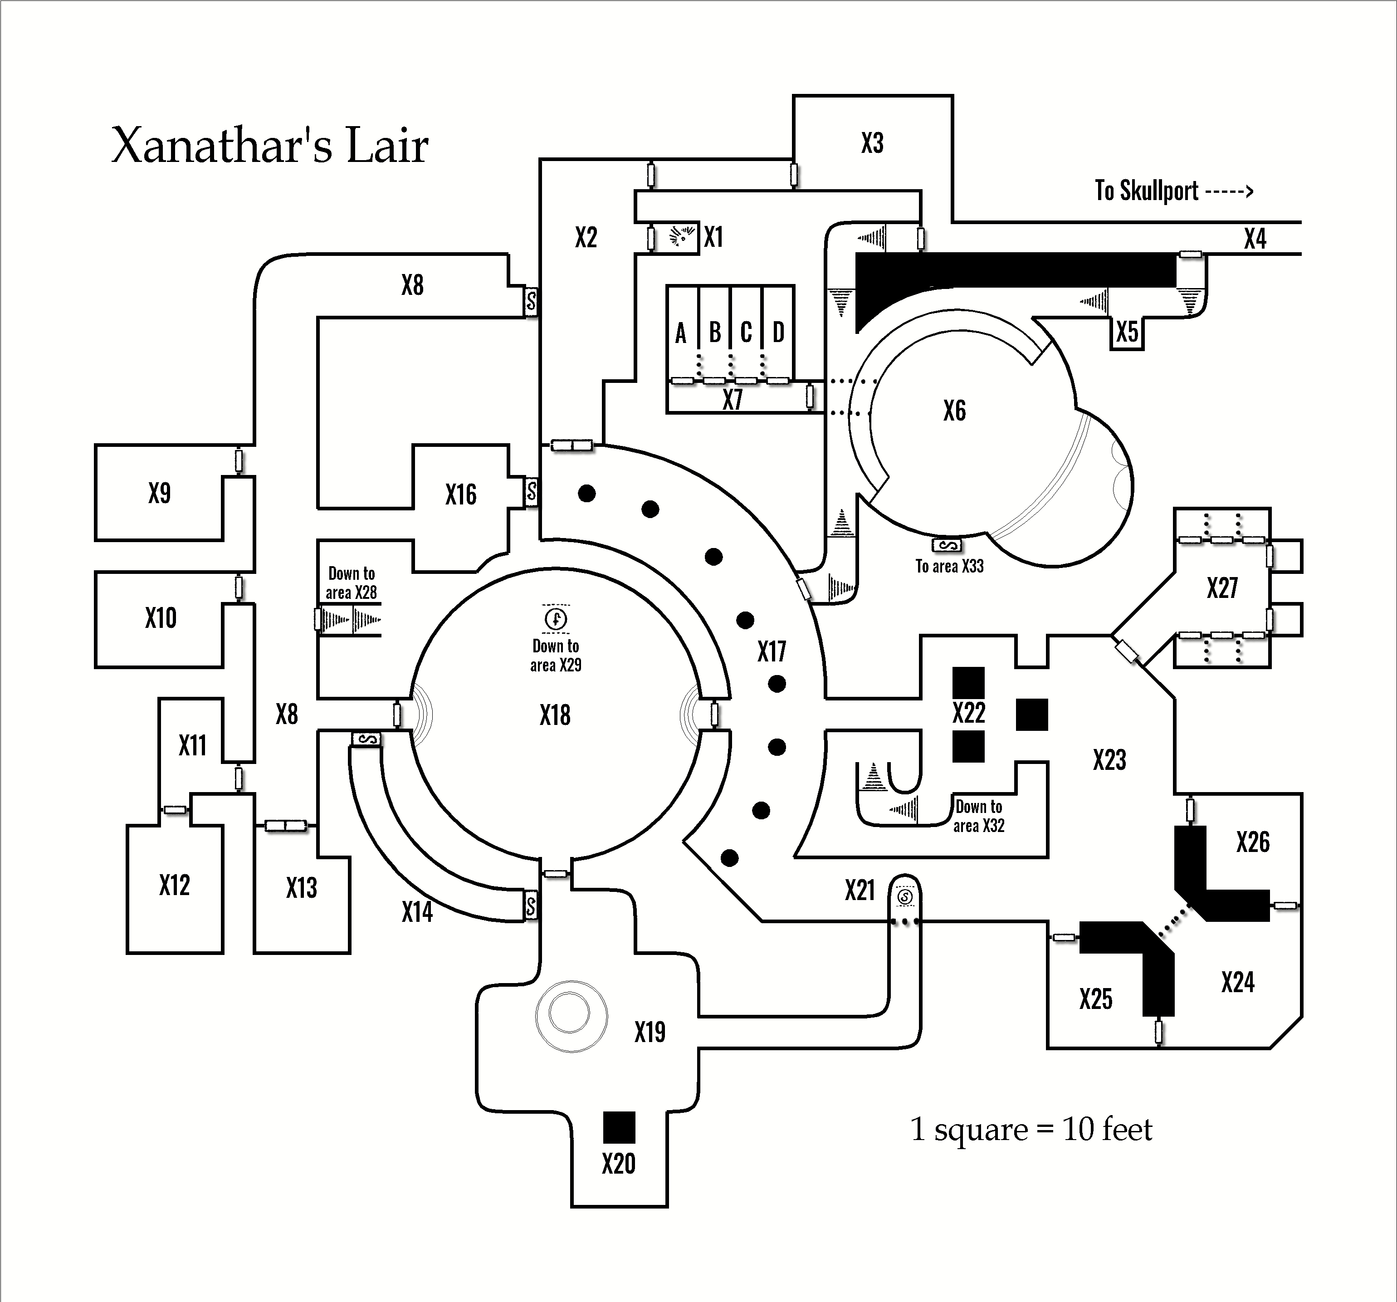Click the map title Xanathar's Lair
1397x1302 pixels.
270,146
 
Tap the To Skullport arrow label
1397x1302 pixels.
1173,191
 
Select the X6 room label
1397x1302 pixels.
954,411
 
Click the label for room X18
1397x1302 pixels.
555,716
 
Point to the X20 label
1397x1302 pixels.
618,1164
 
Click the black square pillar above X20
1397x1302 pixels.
619,1127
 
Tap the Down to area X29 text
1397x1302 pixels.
556,655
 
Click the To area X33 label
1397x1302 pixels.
949,566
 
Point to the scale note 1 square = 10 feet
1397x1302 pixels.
1031,1130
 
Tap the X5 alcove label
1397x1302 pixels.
1127,332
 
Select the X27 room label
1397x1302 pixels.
1222,588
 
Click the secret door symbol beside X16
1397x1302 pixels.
531,491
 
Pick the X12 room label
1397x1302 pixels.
174,885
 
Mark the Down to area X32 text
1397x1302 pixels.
979,816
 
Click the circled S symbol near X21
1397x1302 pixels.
905,897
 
